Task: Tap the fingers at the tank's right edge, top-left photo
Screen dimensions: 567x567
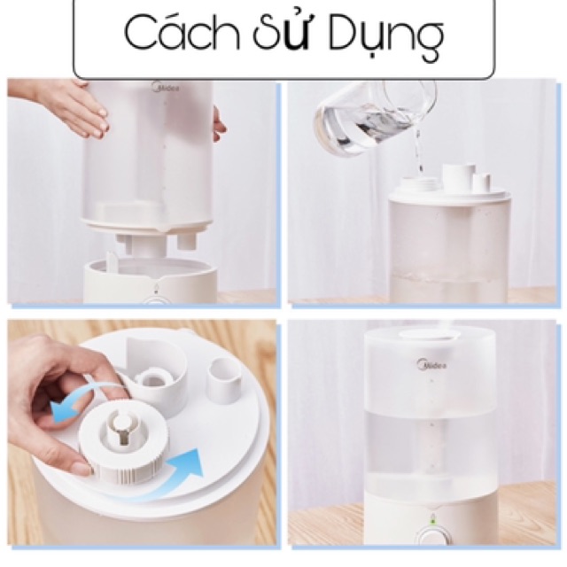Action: pos(218,124)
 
